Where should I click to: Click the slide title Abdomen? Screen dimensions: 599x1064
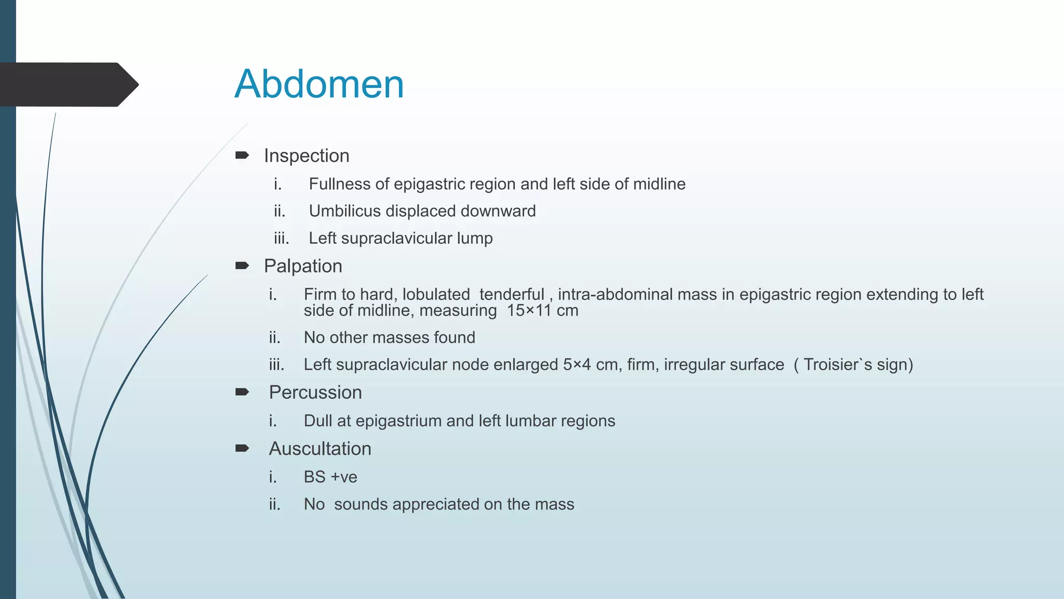(x=319, y=84)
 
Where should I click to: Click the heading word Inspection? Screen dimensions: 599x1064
(x=307, y=155)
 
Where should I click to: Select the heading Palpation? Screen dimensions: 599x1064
(x=303, y=266)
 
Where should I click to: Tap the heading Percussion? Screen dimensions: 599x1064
(x=315, y=392)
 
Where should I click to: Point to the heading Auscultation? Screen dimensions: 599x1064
(x=320, y=448)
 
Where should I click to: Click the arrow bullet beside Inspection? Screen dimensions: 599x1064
(x=242, y=155)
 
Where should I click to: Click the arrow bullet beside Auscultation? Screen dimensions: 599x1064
(x=242, y=448)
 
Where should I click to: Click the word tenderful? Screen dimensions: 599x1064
(x=512, y=294)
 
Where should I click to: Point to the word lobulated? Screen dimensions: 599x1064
(x=436, y=294)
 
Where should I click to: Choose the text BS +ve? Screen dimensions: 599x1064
(x=330, y=477)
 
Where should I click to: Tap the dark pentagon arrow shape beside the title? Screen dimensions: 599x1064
(x=68, y=84)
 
